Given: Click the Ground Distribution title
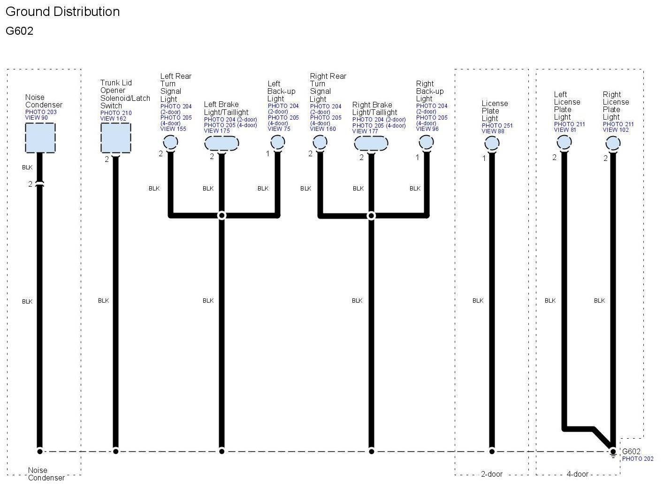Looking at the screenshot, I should point(62,12).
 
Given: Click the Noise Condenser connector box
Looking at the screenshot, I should point(40,138).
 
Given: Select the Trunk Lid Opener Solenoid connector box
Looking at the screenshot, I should point(115,138).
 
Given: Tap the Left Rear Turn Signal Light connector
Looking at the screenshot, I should point(170,142).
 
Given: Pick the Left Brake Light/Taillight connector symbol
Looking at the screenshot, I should point(221,143).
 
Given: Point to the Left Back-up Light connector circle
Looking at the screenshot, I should point(278,142).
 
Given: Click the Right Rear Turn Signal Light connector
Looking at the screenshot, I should point(320,142).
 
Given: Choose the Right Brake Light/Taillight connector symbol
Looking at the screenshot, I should point(371,143).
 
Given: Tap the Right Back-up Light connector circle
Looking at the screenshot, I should point(426,142).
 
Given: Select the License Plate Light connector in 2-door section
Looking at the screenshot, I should point(492,144).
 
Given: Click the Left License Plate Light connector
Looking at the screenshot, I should point(564,142).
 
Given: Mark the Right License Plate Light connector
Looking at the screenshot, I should point(613,143).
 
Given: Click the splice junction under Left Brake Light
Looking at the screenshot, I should point(221,215).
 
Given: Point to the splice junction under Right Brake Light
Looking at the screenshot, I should point(371,215).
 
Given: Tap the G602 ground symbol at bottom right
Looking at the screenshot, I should point(613,453).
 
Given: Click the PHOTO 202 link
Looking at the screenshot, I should point(637,459).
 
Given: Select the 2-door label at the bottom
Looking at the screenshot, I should point(491,474).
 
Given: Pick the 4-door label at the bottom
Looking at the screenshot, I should point(577,474).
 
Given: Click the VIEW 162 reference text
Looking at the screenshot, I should point(113,119).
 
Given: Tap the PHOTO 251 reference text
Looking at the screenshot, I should point(497,126).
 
